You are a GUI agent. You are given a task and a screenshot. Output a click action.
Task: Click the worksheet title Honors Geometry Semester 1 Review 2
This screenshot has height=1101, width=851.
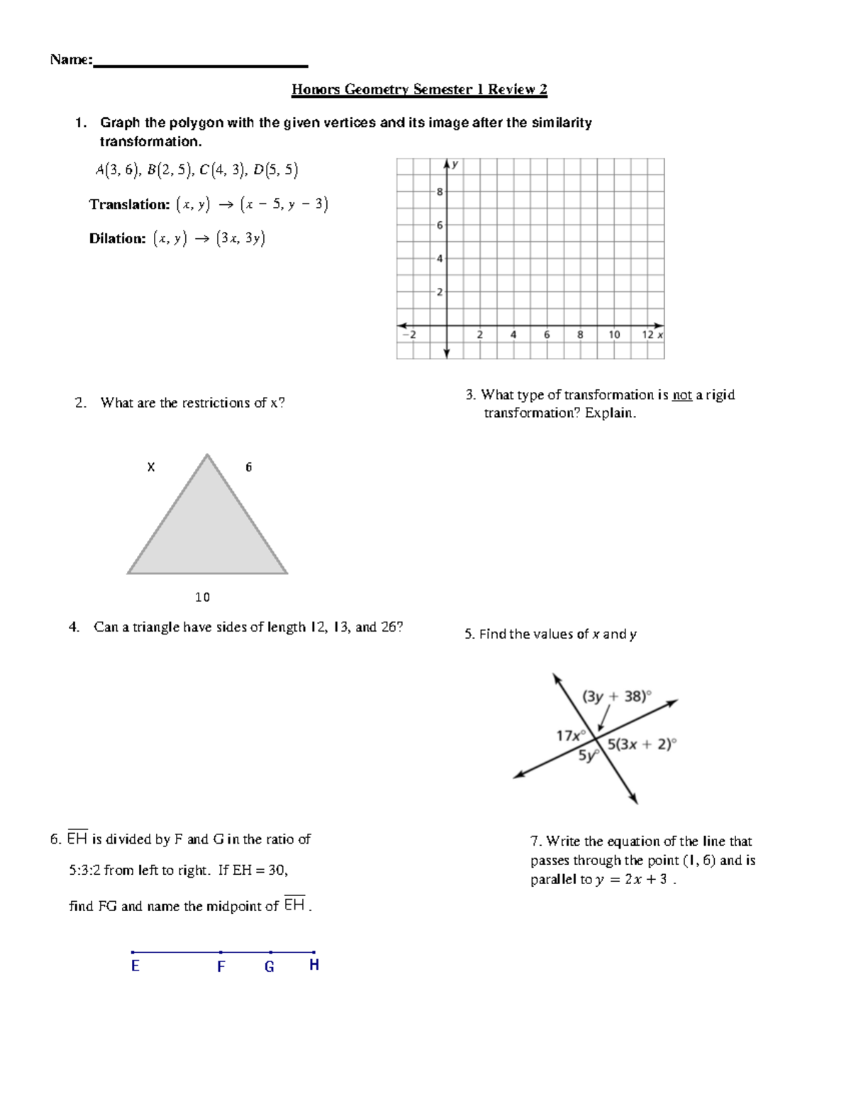click(419, 89)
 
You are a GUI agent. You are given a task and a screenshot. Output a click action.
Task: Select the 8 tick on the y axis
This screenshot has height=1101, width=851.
click(440, 191)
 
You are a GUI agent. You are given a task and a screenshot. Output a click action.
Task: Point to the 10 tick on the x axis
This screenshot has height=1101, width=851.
click(614, 335)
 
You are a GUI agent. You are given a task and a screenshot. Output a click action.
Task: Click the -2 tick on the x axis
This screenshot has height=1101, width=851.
click(409, 335)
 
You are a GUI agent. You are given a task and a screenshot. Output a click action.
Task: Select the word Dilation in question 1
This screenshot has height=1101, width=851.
click(117, 239)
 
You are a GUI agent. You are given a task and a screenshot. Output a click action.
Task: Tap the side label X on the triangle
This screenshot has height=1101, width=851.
click(151, 467)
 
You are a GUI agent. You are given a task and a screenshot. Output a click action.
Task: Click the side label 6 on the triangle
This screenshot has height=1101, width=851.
click(248, 467)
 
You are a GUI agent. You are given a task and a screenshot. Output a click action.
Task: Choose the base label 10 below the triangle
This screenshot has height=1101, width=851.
click(203, 598)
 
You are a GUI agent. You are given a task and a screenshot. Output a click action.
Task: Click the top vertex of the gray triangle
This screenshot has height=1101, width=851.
click(207, 455)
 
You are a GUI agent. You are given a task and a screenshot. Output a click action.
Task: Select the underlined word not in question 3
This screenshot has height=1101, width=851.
click(682, 396)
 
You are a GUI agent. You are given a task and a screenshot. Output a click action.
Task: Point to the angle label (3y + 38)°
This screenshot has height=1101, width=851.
click(616, 696)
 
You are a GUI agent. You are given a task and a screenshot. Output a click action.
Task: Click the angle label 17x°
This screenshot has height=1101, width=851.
click(571, 736)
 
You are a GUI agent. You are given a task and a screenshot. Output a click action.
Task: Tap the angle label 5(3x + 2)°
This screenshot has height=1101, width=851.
click(643, 744)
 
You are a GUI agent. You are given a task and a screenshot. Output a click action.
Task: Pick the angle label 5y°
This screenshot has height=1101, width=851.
click(589, 756)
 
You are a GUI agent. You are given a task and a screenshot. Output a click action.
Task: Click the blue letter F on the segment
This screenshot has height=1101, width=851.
click(221, 967)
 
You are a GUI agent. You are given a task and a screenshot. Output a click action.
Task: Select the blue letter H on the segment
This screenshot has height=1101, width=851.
click(314, 965)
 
